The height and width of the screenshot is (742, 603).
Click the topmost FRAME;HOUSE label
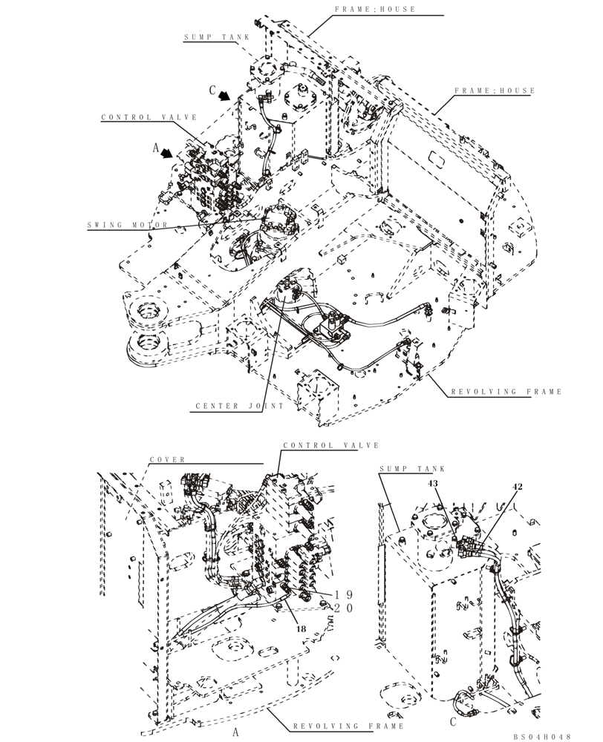tap(385, 10)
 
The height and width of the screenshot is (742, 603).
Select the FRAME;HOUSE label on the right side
tap(495, 91)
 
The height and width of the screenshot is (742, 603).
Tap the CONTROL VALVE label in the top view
tap(149, 117)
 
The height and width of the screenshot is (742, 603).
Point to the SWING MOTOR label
tap(128, 225)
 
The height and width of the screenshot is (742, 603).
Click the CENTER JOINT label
tap(231, 407)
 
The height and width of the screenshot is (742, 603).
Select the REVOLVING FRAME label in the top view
tap(506, 392)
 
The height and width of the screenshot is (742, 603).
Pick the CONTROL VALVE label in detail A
tap(331, 445)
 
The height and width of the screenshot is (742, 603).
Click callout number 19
tap(342, 594)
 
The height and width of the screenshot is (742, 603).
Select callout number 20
tap(342, 607)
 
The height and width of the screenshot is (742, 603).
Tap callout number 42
tap(518, 487)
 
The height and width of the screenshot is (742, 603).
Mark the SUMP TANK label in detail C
tap(411, 470)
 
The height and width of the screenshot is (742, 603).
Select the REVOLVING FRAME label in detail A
tap(348, 726)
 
